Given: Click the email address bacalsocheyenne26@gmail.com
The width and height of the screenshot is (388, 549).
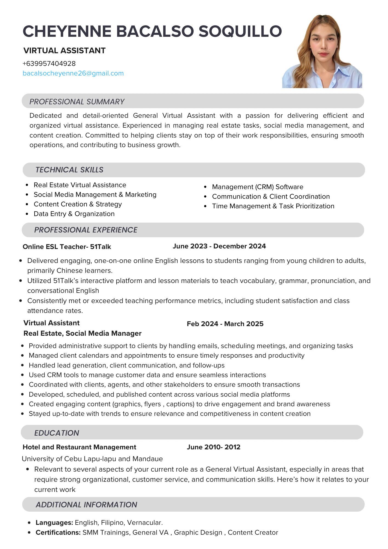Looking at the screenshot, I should coord(73,73).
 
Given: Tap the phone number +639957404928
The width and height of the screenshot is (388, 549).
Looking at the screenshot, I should coord(49,64).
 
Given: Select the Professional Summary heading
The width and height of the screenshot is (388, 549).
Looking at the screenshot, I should coord(77,102).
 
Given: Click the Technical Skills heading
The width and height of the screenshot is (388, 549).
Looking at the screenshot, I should coord(69,170).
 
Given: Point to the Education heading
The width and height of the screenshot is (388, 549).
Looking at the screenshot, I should coord(56,433).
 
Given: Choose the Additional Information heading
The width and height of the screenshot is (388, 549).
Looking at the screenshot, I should coord(86,505).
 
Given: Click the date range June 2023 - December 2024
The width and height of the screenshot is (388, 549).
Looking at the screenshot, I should coord(219,246).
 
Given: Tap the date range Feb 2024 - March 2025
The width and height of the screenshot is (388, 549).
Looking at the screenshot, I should coord(225,324).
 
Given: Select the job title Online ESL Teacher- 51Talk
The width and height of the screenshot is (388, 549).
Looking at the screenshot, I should coord(67,247).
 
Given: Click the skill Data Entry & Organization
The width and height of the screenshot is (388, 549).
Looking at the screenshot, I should coord(74,214).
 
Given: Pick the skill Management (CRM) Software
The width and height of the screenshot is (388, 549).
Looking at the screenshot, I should coord(257,187).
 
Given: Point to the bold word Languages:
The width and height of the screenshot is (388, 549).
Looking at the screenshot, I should coord(54,523).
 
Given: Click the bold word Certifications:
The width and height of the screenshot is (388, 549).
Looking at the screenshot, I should coord(58,533).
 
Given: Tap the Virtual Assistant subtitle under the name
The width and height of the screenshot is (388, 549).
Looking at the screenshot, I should coord(64,51).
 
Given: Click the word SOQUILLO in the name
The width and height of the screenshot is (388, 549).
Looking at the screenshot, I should coord(240,31).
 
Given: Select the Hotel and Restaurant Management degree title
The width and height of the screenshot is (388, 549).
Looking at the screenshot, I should coord(80,447).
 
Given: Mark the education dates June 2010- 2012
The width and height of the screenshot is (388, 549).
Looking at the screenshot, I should coord(214,447).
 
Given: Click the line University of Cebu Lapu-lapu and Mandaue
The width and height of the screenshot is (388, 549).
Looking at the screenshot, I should coord(92,459).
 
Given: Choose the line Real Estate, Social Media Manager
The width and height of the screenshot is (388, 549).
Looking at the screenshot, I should coord(83,334).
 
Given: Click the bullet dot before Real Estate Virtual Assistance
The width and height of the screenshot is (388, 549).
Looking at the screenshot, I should coord(27,185).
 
